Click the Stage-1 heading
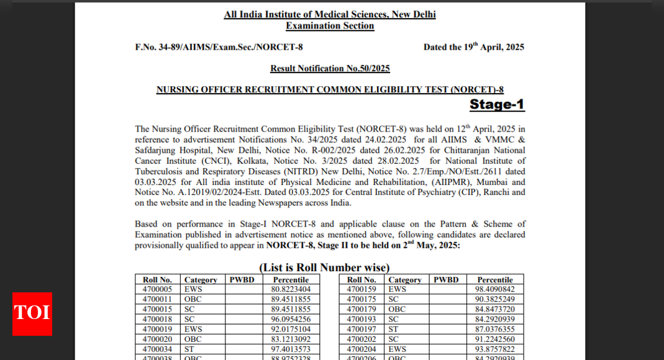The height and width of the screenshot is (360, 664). pos(496,104)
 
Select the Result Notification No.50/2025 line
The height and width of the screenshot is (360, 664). pos(330,68)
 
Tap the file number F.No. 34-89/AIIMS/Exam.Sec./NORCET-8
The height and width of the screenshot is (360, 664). pos(219,47)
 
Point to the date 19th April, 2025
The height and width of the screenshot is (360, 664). pos(473,47)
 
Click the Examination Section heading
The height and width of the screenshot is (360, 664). pos(330,26)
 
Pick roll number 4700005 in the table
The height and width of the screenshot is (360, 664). pos(157,289)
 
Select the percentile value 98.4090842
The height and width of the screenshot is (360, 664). pos(494,289)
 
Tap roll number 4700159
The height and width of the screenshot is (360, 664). pos(362,289)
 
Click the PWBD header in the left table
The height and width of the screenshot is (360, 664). pos(242,280)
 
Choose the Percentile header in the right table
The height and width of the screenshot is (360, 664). pos(494,280)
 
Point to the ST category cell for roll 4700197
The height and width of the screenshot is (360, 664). pos(393,329)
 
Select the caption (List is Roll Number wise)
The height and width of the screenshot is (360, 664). pos(324,268)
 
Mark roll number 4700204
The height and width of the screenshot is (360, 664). pos(362,349)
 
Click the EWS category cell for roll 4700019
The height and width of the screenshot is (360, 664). pos(193,329)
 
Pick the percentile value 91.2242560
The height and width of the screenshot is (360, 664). pos(494,339)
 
